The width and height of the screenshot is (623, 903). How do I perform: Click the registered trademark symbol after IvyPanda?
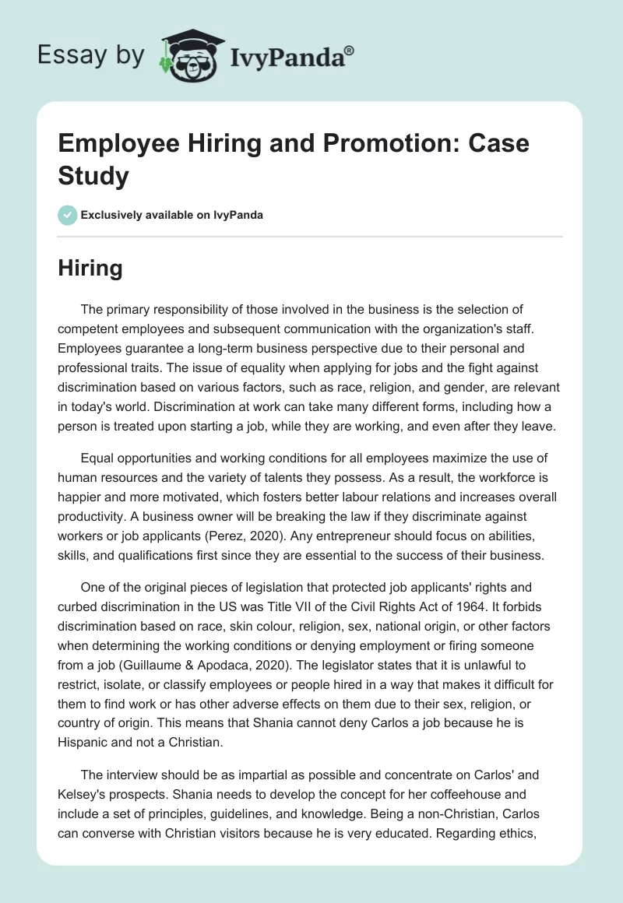tap(350, 51)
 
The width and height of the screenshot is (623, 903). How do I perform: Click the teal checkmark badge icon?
tap(67, 215)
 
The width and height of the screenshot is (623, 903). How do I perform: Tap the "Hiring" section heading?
tap(90, 268)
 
